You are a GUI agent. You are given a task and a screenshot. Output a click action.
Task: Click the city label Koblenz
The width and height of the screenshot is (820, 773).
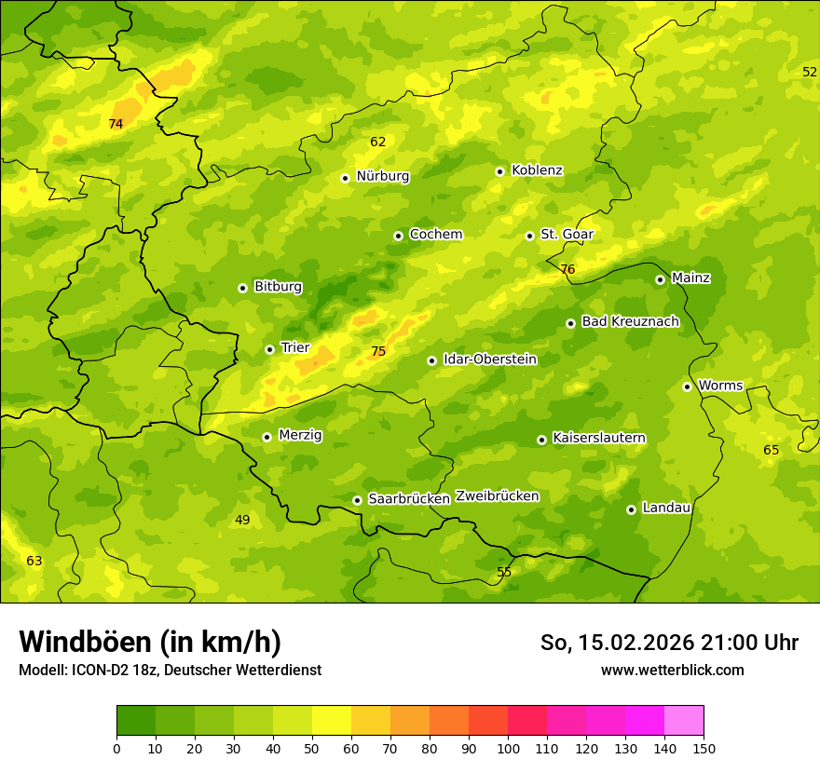pos(537,170)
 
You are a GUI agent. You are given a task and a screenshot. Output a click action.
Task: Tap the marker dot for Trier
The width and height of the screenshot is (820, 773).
pos(269,349)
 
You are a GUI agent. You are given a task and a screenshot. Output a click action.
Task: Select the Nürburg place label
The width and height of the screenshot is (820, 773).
pos(382,176)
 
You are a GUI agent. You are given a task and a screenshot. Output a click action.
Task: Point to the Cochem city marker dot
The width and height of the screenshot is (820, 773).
pos(398,236)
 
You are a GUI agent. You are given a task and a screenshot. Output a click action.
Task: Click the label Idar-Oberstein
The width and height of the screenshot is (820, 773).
pos(489,359)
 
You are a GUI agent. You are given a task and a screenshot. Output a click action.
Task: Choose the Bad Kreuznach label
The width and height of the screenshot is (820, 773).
pos(630,321)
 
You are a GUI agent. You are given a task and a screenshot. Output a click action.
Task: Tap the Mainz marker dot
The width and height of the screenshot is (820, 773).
pos(660,279)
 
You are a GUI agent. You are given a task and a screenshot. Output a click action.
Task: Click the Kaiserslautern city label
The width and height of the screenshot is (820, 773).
pos(598,438)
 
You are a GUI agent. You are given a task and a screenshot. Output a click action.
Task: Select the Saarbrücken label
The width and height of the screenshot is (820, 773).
pos(409,499)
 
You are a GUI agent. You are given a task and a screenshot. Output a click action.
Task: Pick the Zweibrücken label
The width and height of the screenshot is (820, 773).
pos(497,496)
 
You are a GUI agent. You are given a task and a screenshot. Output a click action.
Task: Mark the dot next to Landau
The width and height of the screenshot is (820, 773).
pos(631,509)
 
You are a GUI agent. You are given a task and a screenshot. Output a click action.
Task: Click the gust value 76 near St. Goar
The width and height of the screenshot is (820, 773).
pos(567,270)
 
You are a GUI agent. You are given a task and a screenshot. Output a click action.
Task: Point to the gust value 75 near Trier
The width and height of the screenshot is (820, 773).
pos(377,352)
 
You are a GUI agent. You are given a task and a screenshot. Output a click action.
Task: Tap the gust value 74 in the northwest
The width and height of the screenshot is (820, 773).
pos(116,124)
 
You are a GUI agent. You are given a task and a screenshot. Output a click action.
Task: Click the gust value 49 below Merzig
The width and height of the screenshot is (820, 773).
pos(242,520)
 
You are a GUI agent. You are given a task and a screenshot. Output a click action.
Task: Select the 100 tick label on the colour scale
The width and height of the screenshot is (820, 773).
pos(508,748)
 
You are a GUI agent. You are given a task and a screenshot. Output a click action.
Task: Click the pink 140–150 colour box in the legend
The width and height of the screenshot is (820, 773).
pos(683,721)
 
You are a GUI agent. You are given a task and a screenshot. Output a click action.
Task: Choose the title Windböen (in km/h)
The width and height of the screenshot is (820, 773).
pos(149,642)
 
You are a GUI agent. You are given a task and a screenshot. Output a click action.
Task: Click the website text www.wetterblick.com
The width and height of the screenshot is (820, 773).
pos(672,670)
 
